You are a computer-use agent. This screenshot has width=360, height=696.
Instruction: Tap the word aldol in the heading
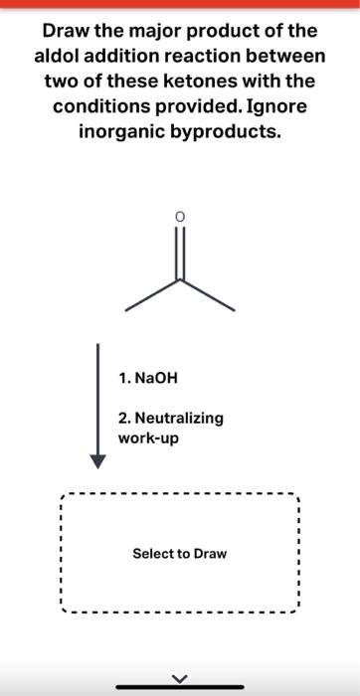tap(57, 57)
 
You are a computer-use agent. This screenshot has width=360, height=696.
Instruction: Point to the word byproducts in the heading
tap(232, 131)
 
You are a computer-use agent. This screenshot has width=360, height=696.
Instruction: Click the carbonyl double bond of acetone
tap(180, 253)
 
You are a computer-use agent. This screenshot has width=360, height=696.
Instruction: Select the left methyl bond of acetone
tap(153, 294)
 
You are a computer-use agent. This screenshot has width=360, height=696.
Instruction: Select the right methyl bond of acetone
tap(207, 294)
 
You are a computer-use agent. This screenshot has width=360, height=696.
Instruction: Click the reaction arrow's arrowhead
tap(97, 459)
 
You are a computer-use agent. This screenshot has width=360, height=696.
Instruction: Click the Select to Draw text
tap(180, 553)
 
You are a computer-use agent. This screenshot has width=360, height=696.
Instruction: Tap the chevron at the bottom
tap(180, 679)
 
